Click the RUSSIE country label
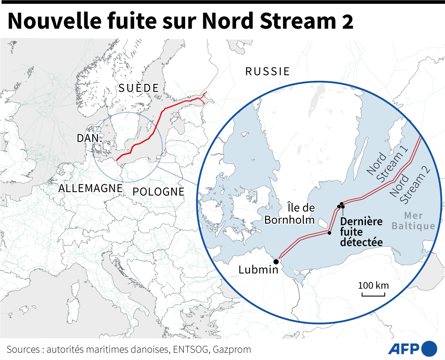(267, 72)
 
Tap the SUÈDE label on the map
(139, 88)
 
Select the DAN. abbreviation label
(90, 139)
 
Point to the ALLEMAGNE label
(90, 189)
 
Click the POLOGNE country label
(158, 192)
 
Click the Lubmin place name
(258, 270)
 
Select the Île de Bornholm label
(289, 213)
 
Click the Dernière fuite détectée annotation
(361, 232)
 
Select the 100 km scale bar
(373, 295)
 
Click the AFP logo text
(403, 349)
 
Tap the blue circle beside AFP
(429, 349)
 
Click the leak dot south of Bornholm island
(329, 233)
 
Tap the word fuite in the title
(127, 22)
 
